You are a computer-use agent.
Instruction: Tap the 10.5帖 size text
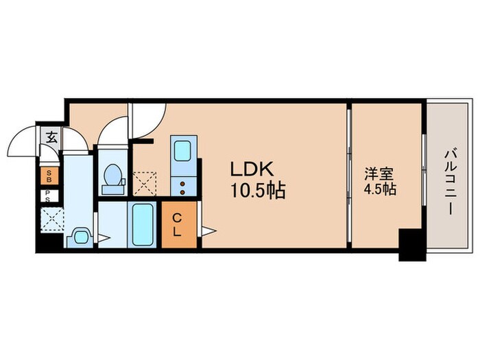tap(257, 191)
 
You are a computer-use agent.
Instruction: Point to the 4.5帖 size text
tap(379, 190)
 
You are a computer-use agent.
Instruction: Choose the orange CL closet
tap(177, 225)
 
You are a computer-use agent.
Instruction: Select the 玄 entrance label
tap(51, 137)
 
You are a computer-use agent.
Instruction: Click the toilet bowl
tap(110, 177)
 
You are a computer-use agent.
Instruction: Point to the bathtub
tap(143, 224)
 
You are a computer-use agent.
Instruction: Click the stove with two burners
tap(184, 185)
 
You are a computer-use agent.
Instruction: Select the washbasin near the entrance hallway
tap(80, 237)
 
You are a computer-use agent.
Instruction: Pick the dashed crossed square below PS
tap(50, 220)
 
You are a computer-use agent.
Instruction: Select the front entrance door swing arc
tap(23, 142)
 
